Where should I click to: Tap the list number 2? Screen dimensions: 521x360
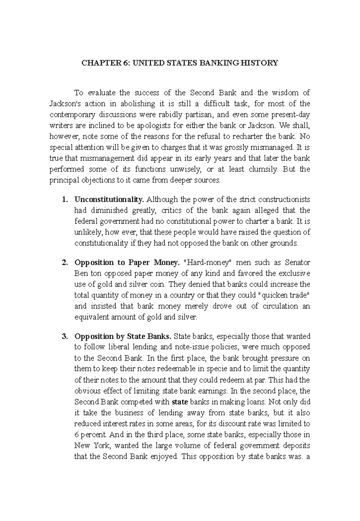click(x=64, y=263)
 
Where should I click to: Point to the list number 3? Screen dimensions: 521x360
click(x=64, y=336)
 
